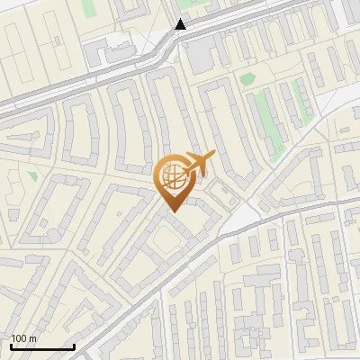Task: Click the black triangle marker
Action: pyautogui.click(x=181, y=25)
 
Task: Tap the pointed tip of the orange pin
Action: pyautogui.click(x=171, y=211)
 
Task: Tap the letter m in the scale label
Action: pyautogui.click(x=33, y=338)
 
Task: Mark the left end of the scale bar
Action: pyautogui.click(x=11, y=347)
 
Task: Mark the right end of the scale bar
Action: pyautogui.click(x=74, y=347)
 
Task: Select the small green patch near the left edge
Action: pyautogui.click(x=33, y=176)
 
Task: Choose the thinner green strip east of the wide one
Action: pyautogui.click(x=302, y=103)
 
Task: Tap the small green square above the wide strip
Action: pyautogui.click(x=247, y=78)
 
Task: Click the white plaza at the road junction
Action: pyautogui.click(x=238, y=216)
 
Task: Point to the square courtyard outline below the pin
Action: pyautogui.click(x=165, y=240)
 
